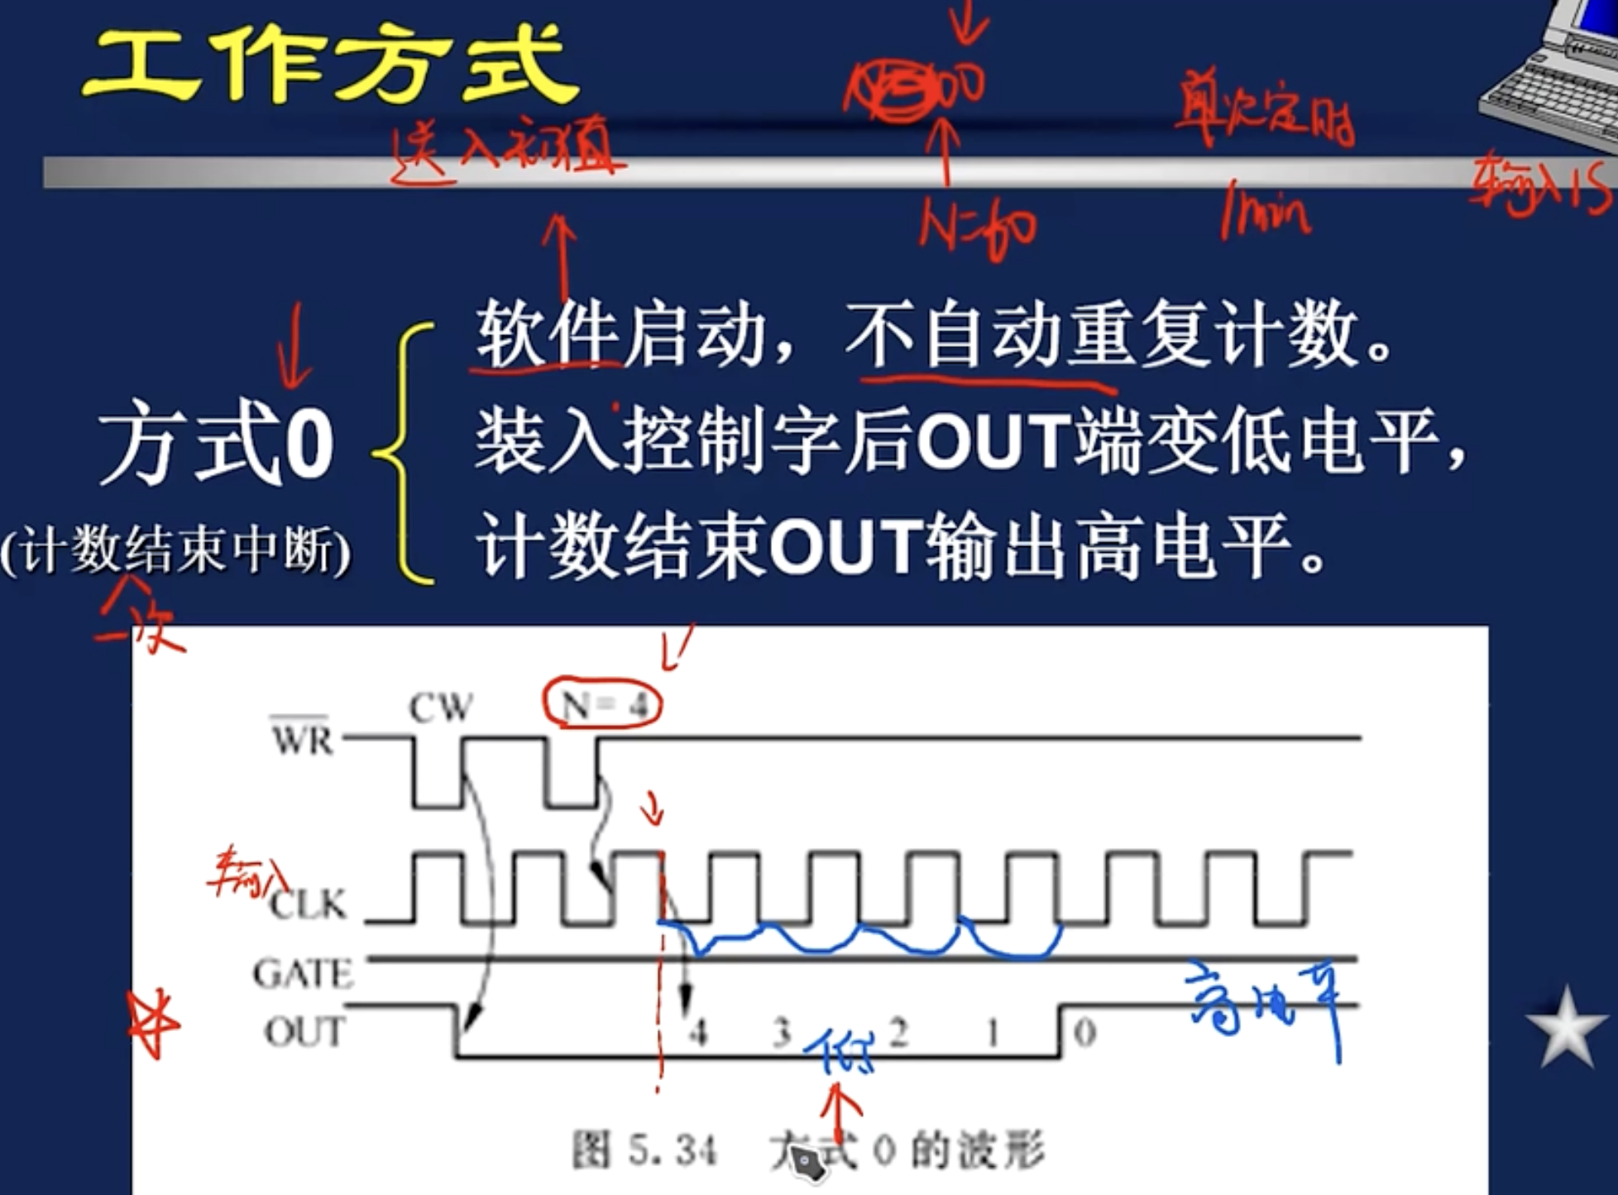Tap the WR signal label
click(x=303, y=738)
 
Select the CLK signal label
click(x=308, y=904)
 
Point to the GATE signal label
click(x=303, y=973)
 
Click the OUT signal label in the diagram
click(x=304, y=1032)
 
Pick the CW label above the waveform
click(x=441, y=708)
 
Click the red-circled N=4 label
click(x=602, y=705)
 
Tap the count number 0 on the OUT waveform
click(x=1084, y=1032)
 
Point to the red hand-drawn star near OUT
click(x=153, y=1024)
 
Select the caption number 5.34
click(x=672, y=1149)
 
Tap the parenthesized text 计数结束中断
click(x=175, y=550)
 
